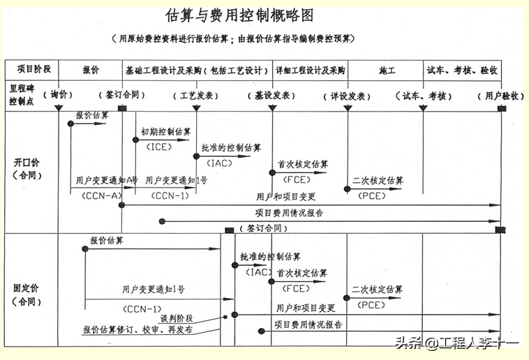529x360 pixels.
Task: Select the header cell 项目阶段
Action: point(32,70)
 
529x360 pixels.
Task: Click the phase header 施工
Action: point(387,70)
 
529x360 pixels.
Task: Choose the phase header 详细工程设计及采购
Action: point(310,70)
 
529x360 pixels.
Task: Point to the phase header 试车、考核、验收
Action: point(462,70)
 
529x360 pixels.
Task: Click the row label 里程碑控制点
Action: point(22,95)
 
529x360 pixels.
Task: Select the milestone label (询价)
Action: point(57,95)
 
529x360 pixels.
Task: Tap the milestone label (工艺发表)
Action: point(196,95)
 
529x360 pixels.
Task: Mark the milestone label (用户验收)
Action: point(500,95)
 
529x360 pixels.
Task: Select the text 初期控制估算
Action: point(165,131)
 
